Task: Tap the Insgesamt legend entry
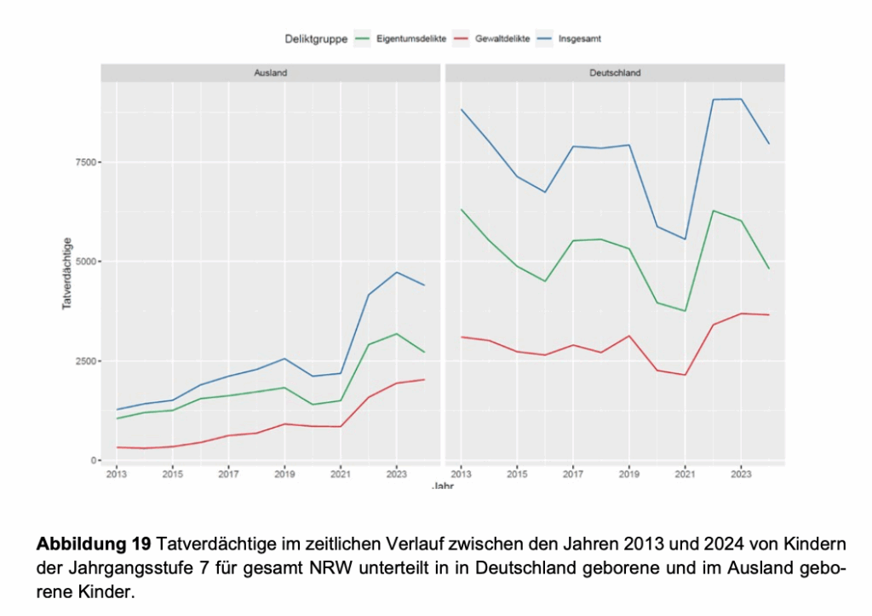click(x=581, y=38)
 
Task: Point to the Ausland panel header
click(x=271, y=73)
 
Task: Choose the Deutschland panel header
click(x=615, y=73)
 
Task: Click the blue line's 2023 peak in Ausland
click(x=397, y=272)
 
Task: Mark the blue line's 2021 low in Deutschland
click(x=685, y=239)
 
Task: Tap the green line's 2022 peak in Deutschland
click(x=713, y=210)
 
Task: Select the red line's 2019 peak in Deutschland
click(x=628, y=336)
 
